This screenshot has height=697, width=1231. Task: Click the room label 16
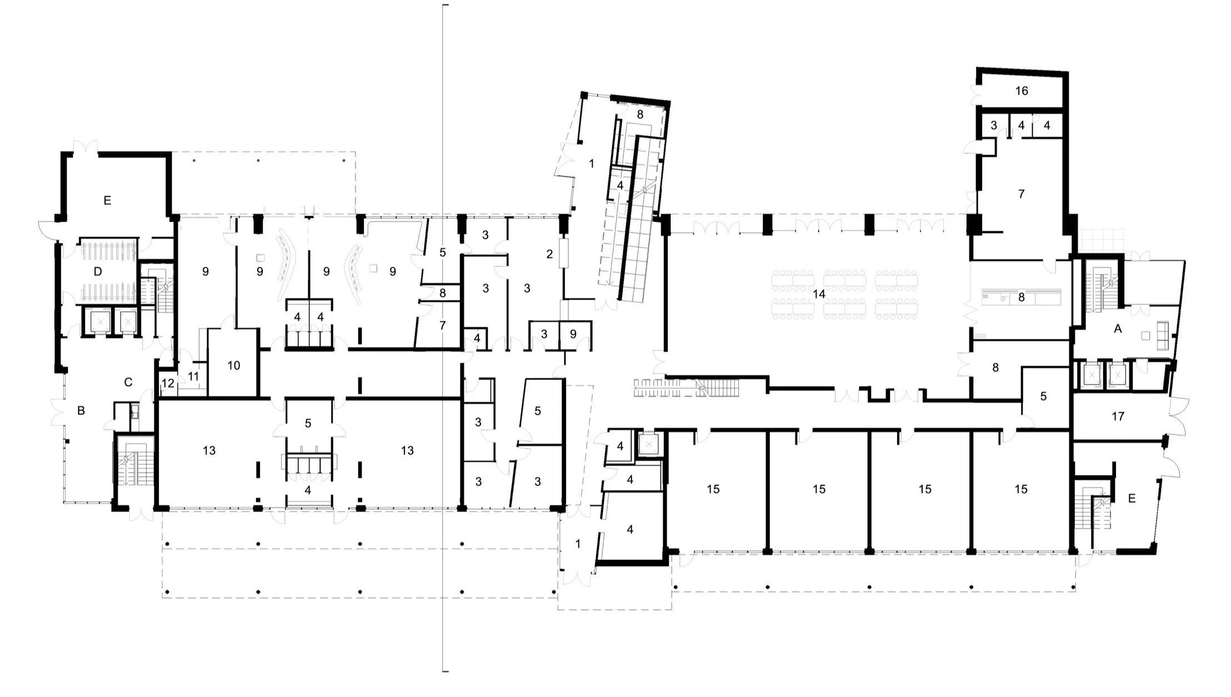pos(1022,91)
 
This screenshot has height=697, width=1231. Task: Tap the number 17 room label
pos(1118,416)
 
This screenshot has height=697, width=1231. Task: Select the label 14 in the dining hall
pos(819,294)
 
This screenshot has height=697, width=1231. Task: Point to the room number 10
pos(234,365)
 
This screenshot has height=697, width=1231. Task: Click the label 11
pos(193,377)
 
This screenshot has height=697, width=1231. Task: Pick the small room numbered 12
pos(168,383)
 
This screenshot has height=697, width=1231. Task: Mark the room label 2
pos(549,254)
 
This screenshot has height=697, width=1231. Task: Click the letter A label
pos(1118,329)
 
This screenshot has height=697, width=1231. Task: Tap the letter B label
pos(81,411)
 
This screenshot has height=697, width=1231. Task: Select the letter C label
pos(128,382)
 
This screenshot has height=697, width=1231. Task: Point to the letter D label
pos(98,272)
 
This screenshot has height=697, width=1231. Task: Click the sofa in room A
pos(1163,335)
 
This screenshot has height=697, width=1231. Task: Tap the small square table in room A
pos(1145,335)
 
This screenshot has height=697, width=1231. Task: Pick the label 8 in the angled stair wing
pos(640,114)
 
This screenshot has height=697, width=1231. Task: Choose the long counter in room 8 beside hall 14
pos(1021,293)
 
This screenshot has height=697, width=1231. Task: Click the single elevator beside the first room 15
pos(648,444)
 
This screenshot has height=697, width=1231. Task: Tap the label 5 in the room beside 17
pos(1043,396)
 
